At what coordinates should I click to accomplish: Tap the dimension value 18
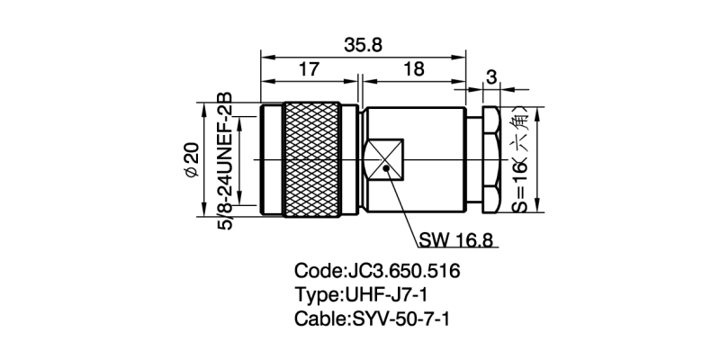point(413,69)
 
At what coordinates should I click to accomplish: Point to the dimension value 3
point(490,77)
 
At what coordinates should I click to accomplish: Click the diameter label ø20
point(190,159)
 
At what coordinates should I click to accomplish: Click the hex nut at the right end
point(490,159)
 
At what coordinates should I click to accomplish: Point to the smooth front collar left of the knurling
point(272,159)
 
